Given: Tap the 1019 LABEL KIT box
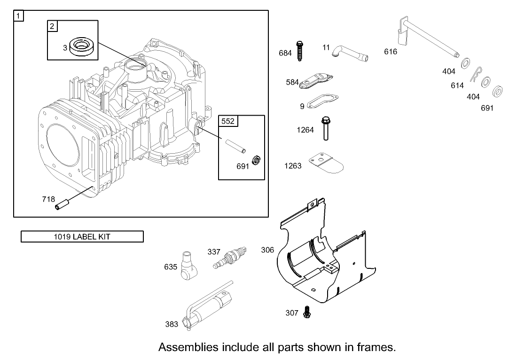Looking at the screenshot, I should tap(82, 236).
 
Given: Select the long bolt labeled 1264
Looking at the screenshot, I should tap(324, 128).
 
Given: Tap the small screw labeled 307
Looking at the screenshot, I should tap(307, 311).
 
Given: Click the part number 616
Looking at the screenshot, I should tap(391, 52).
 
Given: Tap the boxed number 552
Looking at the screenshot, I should tap(228, 121).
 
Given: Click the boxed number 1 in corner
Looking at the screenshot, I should tap(18, 16).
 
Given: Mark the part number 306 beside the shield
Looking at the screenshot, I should tap(267, 250).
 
